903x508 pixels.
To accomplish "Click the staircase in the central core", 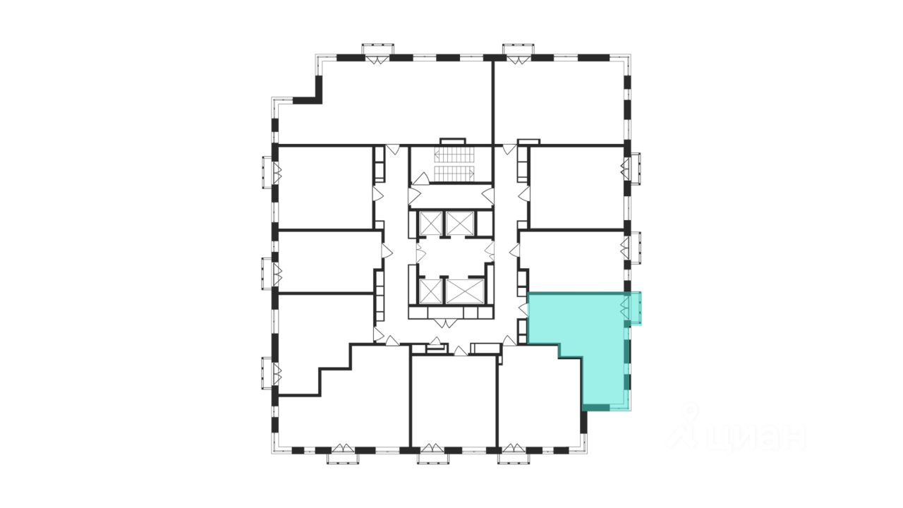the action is (x=451, y=163).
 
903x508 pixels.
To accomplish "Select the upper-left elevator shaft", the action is (x=429, y=223).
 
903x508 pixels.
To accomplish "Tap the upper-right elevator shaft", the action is (x=461, y=223).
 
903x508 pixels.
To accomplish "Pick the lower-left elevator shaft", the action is (x=429, y=291).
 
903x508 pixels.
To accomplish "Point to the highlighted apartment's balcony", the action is (x=635, y=308).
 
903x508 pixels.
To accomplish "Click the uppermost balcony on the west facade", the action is (x=268, y=172).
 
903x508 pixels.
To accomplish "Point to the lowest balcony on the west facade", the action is (x=268, y=373).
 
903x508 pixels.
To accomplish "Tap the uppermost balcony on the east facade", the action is (x=635, y=168).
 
